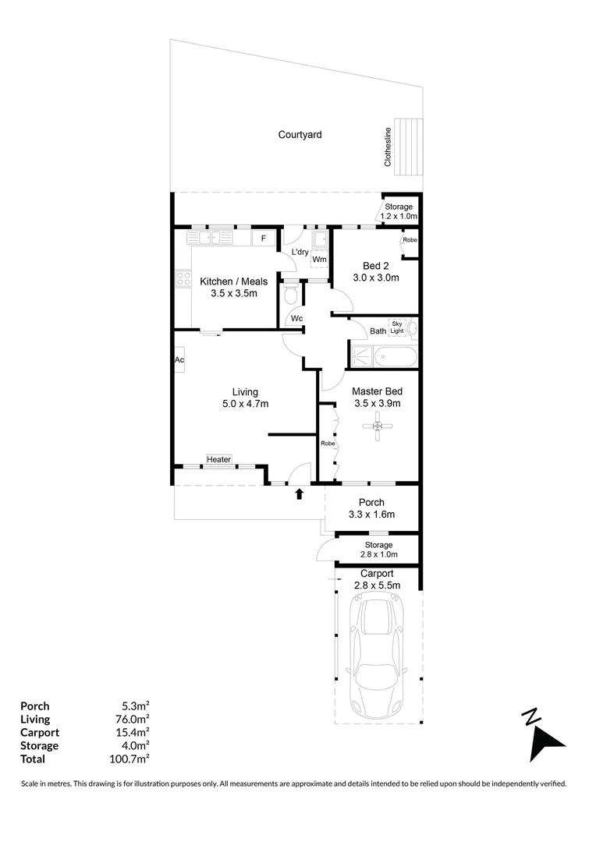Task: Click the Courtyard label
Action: tap(300, 135)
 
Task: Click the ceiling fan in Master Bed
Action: tap(378, 427)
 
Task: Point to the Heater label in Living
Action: tap(218, 460)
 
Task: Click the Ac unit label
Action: tap(179, 360)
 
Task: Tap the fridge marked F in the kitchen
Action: tap(264, 239)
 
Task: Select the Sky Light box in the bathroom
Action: tap(397, 327)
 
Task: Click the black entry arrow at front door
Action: tap(299, 494)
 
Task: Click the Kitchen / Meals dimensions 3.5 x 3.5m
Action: tap(233, 294)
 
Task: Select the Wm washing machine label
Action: tap(319, 260)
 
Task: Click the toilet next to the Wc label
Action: tap(290, 295)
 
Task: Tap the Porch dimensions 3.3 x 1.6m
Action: tap(371, 515)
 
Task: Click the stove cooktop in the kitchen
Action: tap(183, 278)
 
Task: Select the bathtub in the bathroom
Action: tap(396, 358)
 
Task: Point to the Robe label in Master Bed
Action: tap(328, 443)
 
